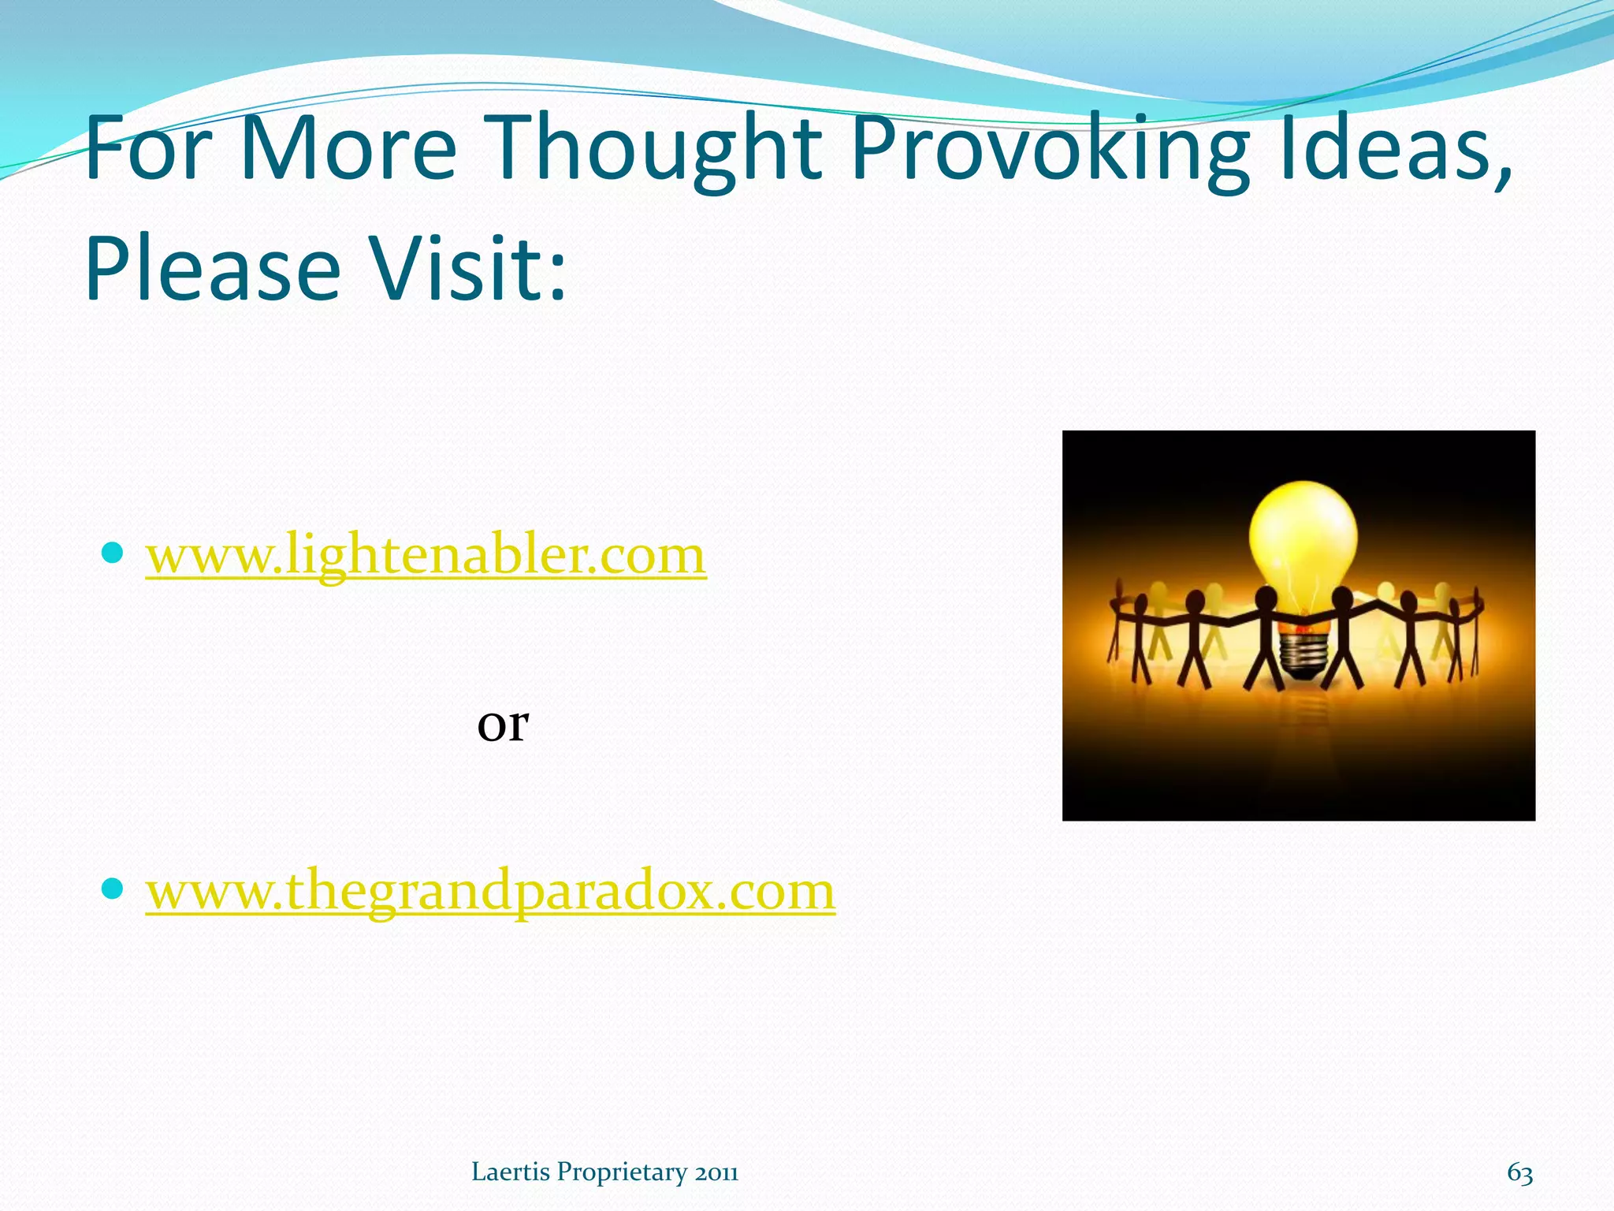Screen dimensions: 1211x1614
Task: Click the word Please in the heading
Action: [213, 270]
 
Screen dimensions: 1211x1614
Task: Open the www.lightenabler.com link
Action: [426, 555]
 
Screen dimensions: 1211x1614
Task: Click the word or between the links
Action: [503, 724]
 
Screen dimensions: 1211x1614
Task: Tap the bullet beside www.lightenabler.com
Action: [113, 553]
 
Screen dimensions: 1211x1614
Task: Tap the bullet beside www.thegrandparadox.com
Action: [113, 889]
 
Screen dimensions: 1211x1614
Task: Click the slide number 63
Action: [1519, 1172]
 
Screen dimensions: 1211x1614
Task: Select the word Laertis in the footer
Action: [510, 1172]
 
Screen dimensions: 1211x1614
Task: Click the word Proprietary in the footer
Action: [623, 1173]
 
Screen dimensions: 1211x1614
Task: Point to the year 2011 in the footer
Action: [716, 1173]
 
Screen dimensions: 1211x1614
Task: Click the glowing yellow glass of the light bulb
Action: [1303, 536]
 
